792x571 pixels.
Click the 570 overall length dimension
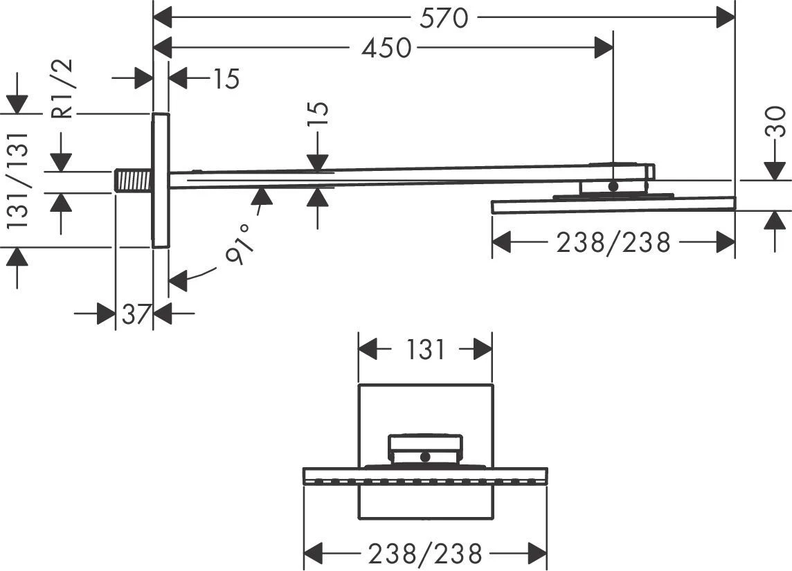(444, 18)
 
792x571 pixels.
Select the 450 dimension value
(387, 48)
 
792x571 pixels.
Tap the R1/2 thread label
(62, 89)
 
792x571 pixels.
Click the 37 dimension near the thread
(136, 314)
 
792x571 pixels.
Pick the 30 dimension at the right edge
(775, 121)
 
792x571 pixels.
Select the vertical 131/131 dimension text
(17, 179)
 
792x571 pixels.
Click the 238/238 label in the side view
(613, 242)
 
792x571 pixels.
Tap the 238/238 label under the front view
(425, 554)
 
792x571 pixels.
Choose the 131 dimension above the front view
(424, 350)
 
